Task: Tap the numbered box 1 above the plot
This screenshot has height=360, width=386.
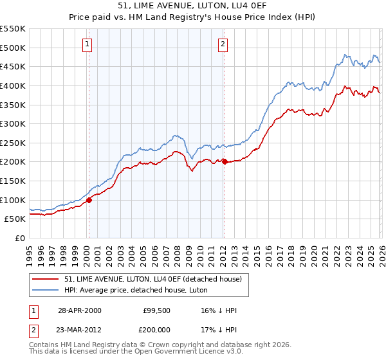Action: coord(87,44)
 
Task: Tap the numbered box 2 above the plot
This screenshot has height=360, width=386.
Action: coord(223,44)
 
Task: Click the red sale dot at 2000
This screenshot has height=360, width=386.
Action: coord(89,200)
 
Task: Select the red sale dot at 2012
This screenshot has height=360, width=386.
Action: coord(225,162)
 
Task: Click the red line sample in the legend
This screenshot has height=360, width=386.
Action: coord(46,279)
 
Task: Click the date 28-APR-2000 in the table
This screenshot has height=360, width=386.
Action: coord(79,310)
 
